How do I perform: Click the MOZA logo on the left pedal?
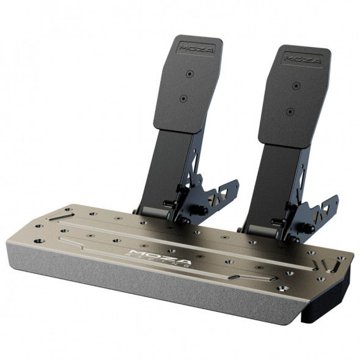(196, 46)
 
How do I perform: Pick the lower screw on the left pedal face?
(183, 98)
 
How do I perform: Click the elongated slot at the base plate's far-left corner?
(61, 216)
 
